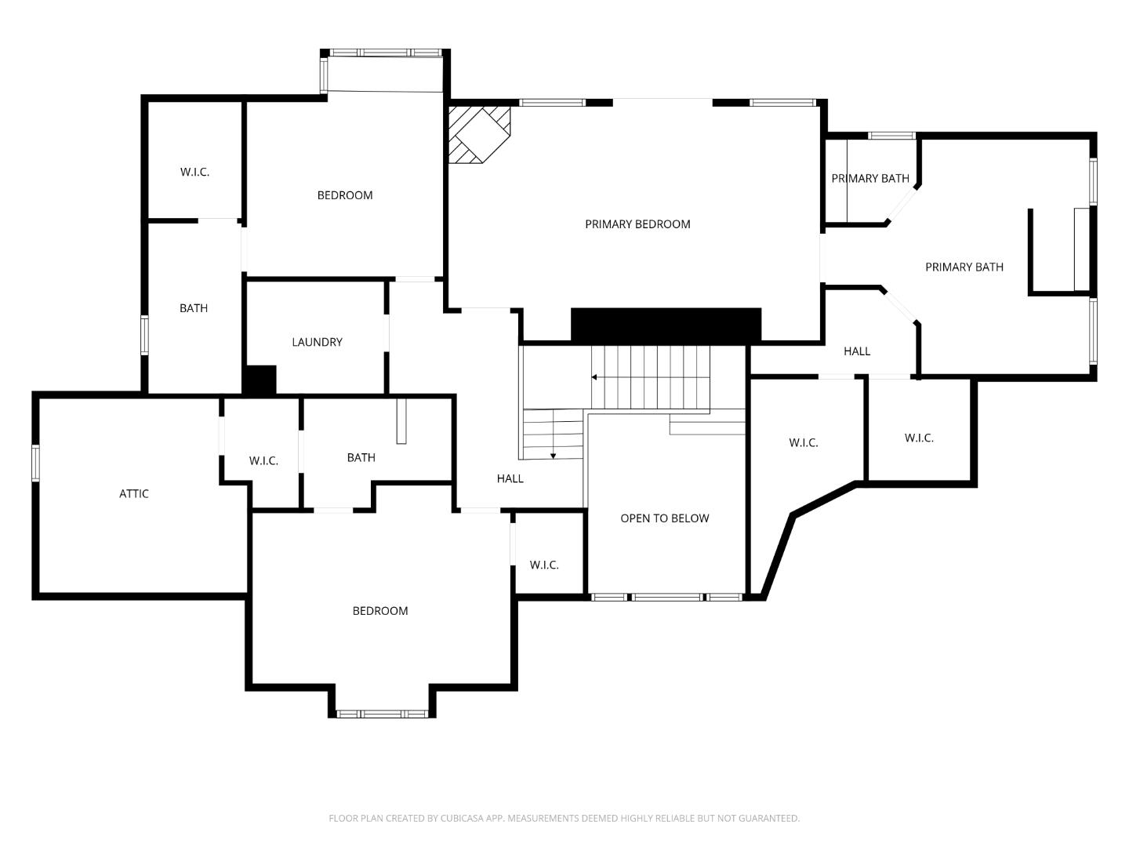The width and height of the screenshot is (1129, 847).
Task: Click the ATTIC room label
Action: point(134,493)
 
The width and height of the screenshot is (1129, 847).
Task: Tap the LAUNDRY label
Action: point(317,342)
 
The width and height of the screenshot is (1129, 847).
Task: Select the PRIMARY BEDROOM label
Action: point(637,224)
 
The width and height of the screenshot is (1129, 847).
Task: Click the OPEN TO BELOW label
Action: point(664,518)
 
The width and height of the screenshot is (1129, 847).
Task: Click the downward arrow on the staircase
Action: point(553,455)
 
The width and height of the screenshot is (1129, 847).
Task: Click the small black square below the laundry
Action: point(260,380)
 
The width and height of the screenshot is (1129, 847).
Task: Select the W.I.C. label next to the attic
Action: point(263,460)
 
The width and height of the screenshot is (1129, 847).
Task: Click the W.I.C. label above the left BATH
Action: point(194,172)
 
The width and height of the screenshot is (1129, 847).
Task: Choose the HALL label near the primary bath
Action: point(856,351)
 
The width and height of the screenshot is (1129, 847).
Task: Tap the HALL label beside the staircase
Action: point(510,478)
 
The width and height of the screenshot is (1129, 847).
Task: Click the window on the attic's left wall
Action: point(35,463)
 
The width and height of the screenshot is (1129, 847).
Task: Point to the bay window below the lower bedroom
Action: point(382,714)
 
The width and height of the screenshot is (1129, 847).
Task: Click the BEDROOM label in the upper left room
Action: point(344,195)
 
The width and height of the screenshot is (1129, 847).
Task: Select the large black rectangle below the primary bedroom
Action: point(666,325)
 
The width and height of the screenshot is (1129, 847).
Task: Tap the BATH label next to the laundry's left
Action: point(194,308)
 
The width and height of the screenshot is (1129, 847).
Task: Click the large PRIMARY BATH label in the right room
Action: point(964,267)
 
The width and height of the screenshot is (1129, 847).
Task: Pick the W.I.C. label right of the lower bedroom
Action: point(543,565)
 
